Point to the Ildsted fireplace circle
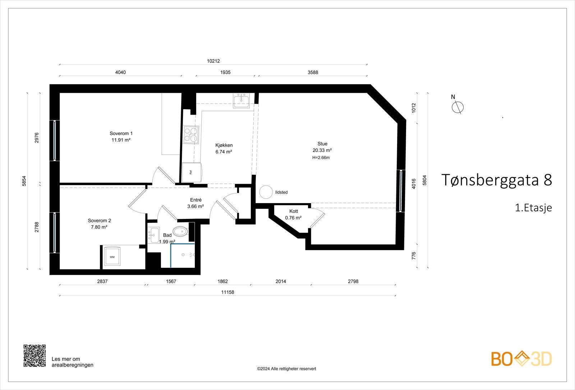266,192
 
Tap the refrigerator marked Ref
192,173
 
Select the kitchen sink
241,101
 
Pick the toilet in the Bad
180,231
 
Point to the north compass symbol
457,107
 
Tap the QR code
34,355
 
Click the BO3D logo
521,359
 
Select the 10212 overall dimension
213,61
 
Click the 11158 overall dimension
228,292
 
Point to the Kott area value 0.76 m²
293,218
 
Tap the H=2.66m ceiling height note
321,158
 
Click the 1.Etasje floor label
533,207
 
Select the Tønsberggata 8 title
497,180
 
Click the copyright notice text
286,369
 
